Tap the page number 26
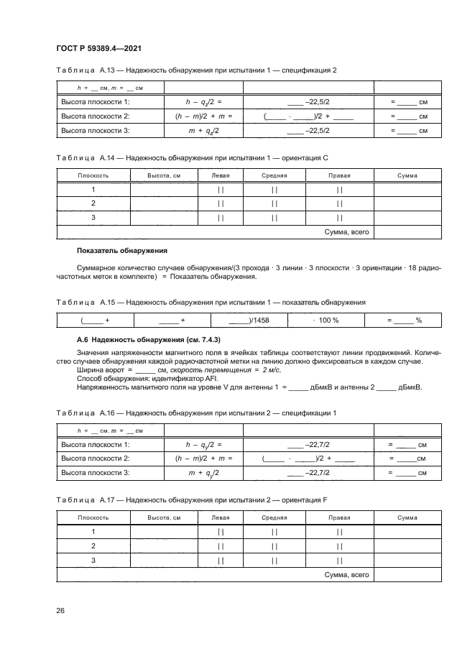coord(60,610)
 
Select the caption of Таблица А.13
coord(196,70)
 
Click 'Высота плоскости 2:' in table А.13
coord(96,116)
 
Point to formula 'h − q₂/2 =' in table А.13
coord(203,102)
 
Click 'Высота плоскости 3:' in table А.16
coord(96,472)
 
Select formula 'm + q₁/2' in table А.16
coord(203,472)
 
